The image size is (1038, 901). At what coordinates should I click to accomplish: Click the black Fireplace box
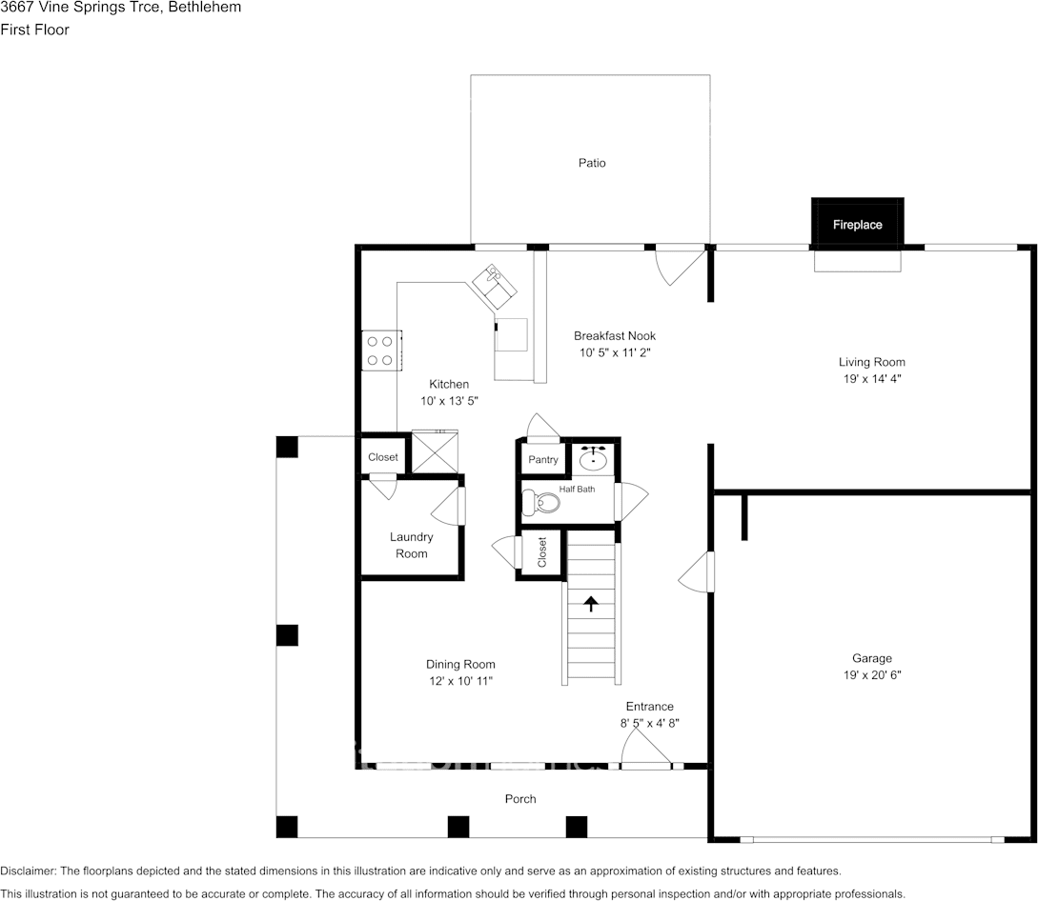tap(857, 225)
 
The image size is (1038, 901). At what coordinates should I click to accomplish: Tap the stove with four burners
tap(380, 350)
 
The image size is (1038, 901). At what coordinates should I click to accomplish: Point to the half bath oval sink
tap(595, 459)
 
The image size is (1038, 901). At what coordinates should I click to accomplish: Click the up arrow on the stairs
tap(591, 603)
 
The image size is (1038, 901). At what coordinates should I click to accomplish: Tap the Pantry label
tap(543, 460)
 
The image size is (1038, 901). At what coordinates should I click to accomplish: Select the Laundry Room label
tap(412, 545)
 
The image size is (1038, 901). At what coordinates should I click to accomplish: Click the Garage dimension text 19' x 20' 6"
tap(871, 675)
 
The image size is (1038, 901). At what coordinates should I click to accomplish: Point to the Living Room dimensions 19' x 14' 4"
tap(871, 378)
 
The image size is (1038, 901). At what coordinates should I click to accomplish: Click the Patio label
tap(592, 163)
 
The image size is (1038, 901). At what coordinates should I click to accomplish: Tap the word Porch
tap(520, 798)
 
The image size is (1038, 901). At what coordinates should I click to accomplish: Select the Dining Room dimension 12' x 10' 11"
tap(460, 681)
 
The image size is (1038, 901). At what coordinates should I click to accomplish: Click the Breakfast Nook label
tap(615, 335)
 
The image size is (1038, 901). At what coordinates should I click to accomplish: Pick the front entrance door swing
tap(645, 753)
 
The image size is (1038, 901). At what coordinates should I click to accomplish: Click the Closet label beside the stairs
tap(542, 552)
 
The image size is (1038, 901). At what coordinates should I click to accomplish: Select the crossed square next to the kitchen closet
tap(435, 453)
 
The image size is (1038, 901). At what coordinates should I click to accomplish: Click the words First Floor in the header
tap(34, 30)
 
